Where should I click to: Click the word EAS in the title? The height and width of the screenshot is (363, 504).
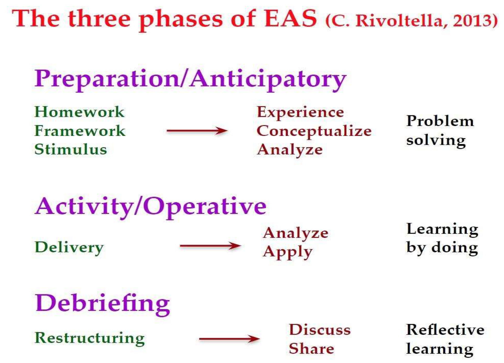tap(291, 18)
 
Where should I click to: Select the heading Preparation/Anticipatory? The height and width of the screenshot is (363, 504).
tap(190, 80)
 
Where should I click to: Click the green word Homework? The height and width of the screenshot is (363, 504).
tap(79, 112)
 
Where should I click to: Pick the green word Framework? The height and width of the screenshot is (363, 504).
tap(80, 131)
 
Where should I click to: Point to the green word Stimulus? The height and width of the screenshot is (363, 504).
tap(71, 149)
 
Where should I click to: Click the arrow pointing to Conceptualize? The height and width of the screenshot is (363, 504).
tap(197, 130)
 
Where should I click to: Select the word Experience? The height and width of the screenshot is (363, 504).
tap(300, 113)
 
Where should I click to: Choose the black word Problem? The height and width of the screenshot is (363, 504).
tap(440, 121)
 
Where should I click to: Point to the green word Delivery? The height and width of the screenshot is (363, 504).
tap(69, 248)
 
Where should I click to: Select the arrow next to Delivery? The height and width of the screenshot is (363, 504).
tap(210, 246)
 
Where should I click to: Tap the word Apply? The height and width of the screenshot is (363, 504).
tap(288, 252)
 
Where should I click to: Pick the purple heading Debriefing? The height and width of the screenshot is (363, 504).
tap(102, 304)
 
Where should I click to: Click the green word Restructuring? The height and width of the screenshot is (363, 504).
tap(90, 338)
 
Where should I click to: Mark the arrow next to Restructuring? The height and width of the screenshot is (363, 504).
tap(229, 339)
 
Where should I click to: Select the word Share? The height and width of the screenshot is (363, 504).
tap(311, 349)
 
